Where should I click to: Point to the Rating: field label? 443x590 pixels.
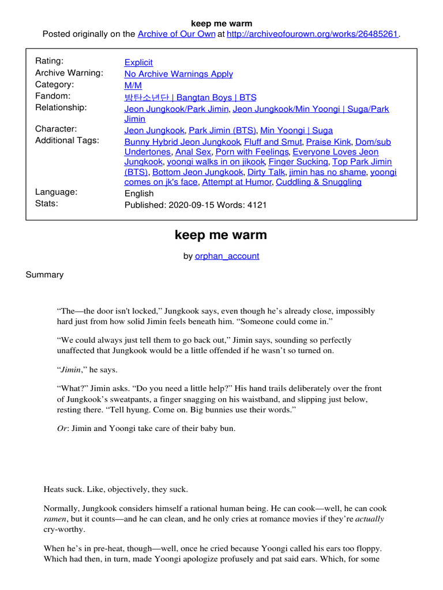[50, 61]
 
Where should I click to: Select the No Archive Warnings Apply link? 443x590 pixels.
[179, 74]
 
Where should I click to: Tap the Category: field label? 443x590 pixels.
[55, 84]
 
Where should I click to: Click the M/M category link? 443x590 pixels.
[133, 85]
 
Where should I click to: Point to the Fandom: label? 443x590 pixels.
[53, 96]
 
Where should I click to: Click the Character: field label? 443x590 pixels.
[56, 129]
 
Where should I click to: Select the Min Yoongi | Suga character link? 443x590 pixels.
[296, 130]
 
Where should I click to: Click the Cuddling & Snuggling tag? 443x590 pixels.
[318, 182]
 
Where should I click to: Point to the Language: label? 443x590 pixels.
[56, 192]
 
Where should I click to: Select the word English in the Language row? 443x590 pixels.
[139, 194]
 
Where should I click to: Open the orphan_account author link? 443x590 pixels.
[227, 256]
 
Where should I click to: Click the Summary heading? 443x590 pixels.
[44, 275]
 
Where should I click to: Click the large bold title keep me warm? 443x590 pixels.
[221, 235]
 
